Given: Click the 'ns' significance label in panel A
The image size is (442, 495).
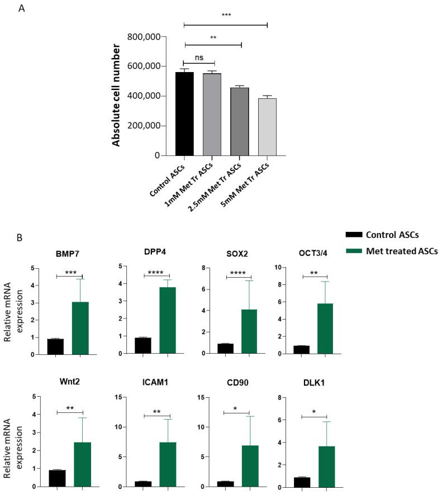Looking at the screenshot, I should [198, 56].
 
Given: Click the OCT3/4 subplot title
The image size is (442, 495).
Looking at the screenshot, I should [316, 253].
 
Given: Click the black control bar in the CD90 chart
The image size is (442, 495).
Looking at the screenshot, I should [225, 483].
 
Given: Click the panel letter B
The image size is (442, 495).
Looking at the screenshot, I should [20, 237].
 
